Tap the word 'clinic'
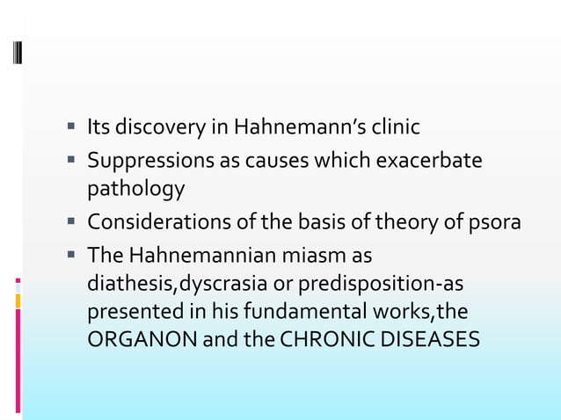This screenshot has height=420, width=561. point(393,128)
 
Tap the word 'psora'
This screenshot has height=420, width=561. point(495,222)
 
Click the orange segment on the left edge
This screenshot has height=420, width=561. point(18,301)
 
